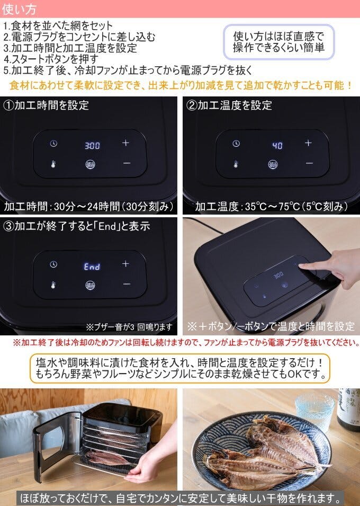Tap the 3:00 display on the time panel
point(92,145)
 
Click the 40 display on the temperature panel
point(277,145)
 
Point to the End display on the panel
point(92,267)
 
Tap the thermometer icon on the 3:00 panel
point(53,164)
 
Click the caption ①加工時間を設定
point(46,105)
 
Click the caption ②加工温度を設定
point(229,105)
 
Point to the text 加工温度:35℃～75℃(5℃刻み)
point(271,206)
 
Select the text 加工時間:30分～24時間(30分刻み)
point(89,206)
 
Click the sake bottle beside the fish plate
point(349,408)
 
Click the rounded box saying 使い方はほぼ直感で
point(278,42)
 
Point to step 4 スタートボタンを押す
point(51,58)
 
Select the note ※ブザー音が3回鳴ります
point(129,326)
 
